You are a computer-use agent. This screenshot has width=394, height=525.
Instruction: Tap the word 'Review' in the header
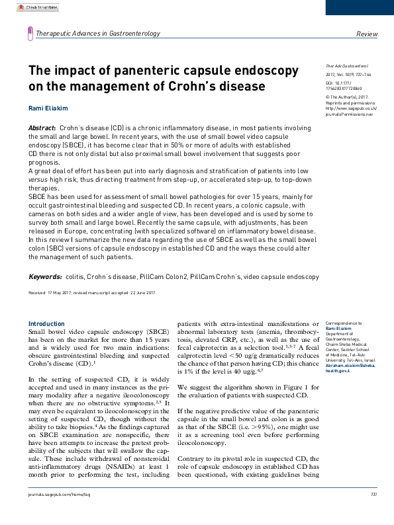coord(367,34)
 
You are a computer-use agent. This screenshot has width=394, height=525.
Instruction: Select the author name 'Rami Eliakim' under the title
coord(47,108)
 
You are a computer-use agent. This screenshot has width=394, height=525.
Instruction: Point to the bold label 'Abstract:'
coord(42,126)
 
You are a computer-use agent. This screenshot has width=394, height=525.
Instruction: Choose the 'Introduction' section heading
coord(46,324)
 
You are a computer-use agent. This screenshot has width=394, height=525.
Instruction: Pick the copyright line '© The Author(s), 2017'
coord(348,97)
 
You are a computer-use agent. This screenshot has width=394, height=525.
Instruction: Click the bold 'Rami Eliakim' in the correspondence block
coord(331,329)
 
